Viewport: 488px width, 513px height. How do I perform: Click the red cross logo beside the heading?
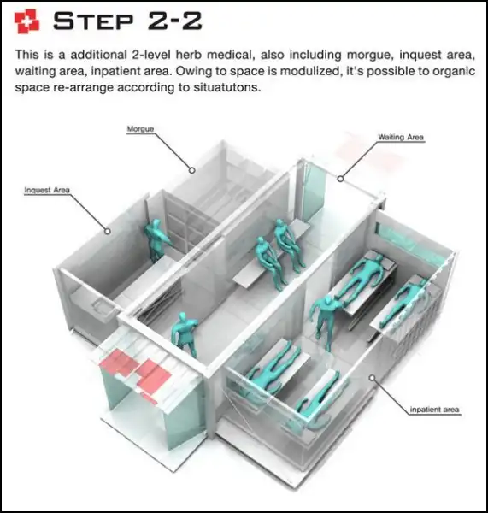[x=26, y=21]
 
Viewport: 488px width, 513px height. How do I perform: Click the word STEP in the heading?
[x=93, y=21]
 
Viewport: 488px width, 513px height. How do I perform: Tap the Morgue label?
[x=140, y=129]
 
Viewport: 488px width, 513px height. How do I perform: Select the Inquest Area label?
[x=47, y=190]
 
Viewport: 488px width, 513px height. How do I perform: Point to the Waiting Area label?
[x=401, y=137]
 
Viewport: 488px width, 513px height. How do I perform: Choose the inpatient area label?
[x=434, y=410]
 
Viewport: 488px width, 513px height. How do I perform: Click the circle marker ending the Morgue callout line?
[x=192, y=170]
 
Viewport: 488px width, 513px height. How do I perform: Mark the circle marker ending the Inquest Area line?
[x=108, y=232]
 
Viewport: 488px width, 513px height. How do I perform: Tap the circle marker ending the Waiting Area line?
[x=340, y=179]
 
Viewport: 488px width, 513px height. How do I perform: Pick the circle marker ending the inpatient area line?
[x=372, y=378]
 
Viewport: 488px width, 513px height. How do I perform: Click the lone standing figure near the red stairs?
[x=185, y=333]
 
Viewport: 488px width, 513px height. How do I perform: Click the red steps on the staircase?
[x=135, y=370]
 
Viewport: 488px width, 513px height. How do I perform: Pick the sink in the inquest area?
[x=102, y=308]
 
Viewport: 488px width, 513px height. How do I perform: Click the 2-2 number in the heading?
[x=174, y=21]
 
